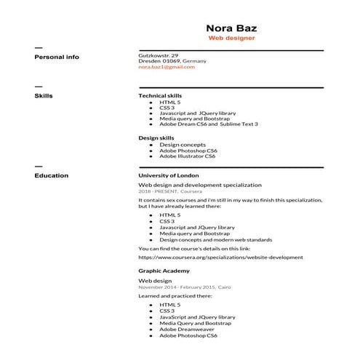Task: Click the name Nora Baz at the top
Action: coord(231,28)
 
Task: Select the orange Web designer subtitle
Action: coord(231,38)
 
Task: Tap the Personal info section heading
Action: coord(57,57)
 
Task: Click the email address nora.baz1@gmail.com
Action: coord(167,67)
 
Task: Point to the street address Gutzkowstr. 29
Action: coord(159,55)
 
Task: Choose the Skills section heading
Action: coord(44,95)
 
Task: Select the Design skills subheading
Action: coord(156,137)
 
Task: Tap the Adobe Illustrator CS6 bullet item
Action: coord(187,156)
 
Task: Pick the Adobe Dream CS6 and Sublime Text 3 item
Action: coord(208,124)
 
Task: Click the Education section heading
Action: coord(52,175)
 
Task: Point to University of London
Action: coord(168,175)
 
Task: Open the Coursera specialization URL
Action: coord(220,257)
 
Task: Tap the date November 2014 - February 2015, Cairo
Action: coord(185,287)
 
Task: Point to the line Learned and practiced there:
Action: coord(175,296)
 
